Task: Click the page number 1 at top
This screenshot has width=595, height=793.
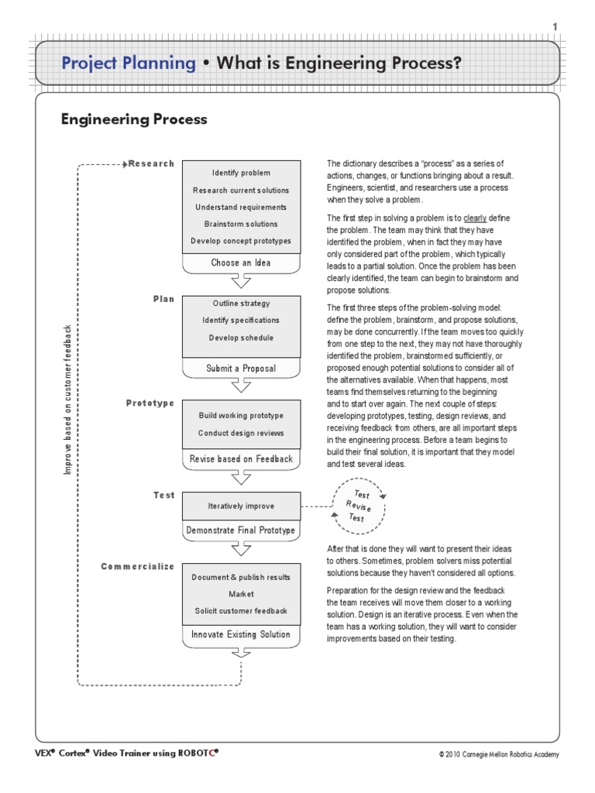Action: click(x=554, y=27)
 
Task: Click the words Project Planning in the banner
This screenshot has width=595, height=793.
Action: click(x=129, y=63)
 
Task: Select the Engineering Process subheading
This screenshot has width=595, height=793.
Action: click(x=134, y=119)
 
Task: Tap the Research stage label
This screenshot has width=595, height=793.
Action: click(x=151, y=163)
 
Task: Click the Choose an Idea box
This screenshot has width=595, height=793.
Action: click(x=241, y=263)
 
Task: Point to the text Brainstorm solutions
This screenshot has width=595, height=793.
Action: click(x=241, y=224)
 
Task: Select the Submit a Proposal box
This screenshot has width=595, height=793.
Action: click(x=241, y=368)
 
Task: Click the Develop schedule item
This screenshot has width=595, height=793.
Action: click(x=241, y=338)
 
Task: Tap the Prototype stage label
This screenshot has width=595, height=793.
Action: click(x=150, y=403)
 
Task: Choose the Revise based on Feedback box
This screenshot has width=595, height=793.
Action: click(x=241, y=459)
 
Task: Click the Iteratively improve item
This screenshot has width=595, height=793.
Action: click(x=241, y=506)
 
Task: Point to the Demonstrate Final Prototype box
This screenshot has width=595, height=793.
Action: click(x=241, y=530)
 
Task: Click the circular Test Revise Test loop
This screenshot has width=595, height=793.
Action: click(x=359, y=506)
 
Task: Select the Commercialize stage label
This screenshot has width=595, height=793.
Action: click(x=138, y=567)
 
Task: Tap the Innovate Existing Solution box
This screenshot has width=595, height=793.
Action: click(x=241, y=635)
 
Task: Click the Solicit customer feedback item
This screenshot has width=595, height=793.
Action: click(x=241, y=611)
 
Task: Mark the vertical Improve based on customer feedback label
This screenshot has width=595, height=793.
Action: click(x=68, y=400)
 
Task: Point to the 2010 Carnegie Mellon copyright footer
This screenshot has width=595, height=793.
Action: click(x=498, y=754)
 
